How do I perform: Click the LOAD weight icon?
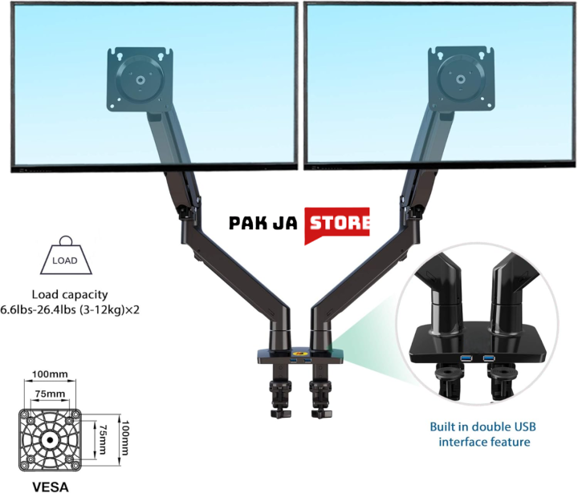tap(64, 258)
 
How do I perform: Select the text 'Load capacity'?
tap(70, 294)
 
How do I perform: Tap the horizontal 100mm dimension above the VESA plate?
tap(50, 375)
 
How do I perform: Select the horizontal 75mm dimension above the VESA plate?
tap(50, 394)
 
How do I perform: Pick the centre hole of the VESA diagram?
tap(50, 439)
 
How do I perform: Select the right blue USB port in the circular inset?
tap(489, 357)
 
